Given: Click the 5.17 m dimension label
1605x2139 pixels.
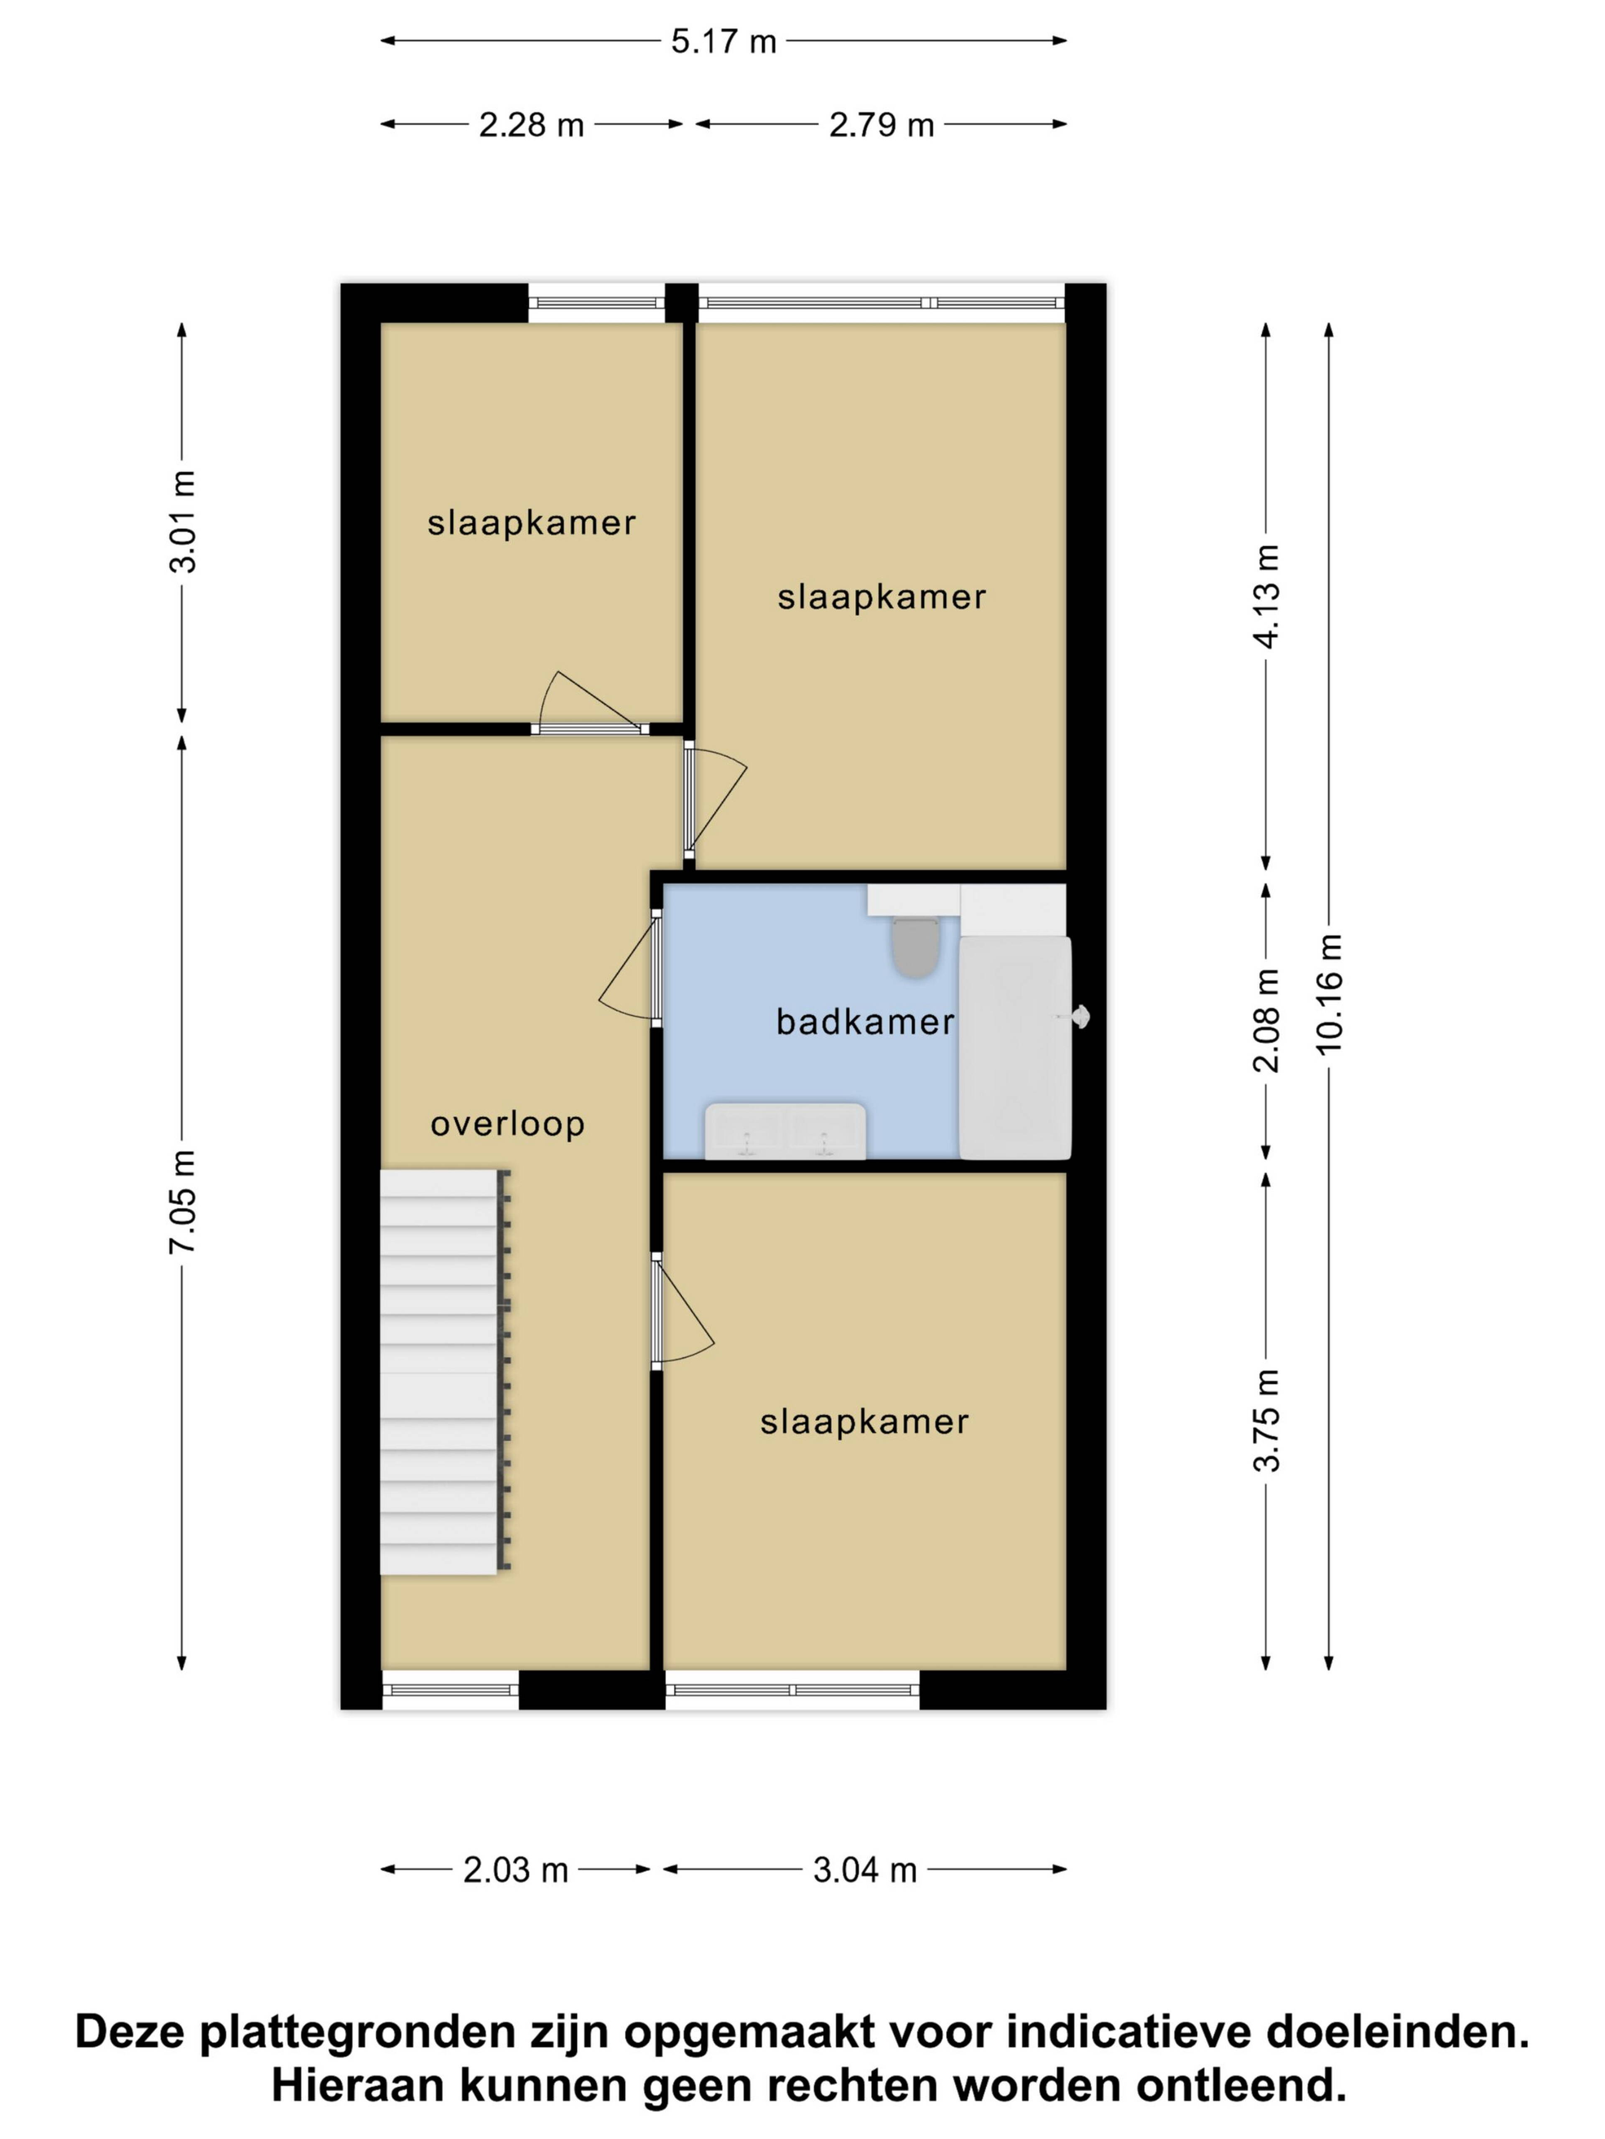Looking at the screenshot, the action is [724, 42].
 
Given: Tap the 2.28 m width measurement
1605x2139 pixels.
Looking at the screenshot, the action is [531, 125].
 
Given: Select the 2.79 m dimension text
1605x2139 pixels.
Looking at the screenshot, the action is [881, 125].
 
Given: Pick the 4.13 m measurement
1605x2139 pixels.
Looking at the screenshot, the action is [1266, 596].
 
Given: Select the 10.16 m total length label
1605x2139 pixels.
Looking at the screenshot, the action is [1329, 994].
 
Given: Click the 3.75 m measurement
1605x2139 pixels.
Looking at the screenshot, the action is [1266, 1420].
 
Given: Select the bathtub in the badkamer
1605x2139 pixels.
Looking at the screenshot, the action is [1015, 1047].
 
